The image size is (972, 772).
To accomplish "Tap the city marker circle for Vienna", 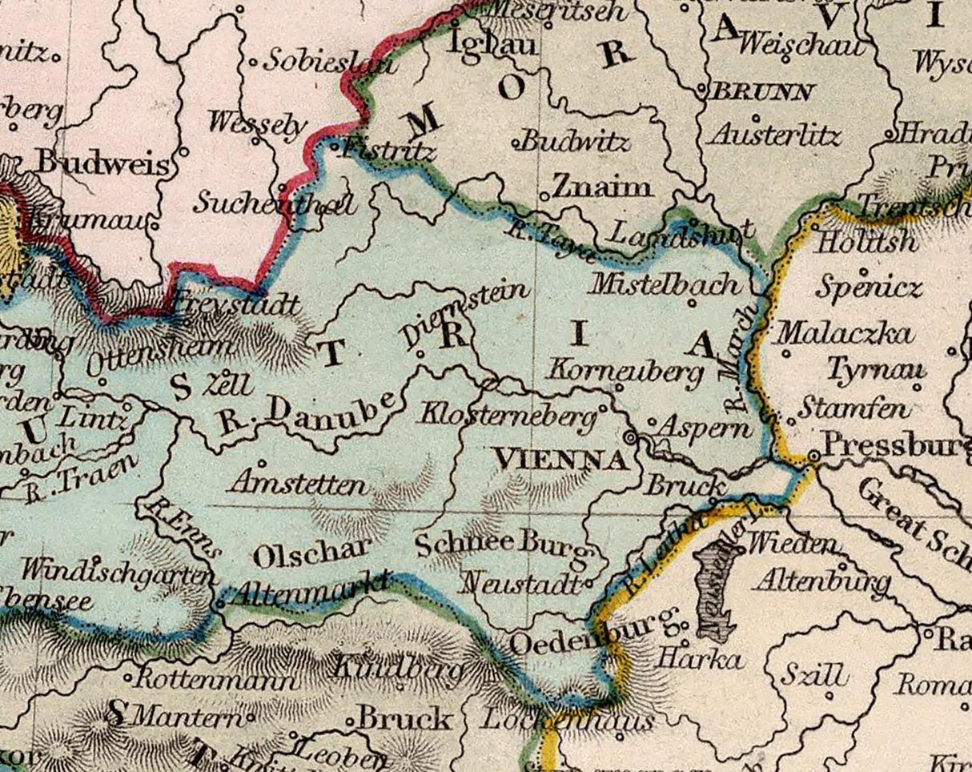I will point(631,437).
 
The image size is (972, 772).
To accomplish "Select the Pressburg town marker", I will point(813,455).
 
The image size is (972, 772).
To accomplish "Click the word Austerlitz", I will point(773,135).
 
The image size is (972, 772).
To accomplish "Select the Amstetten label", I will point(298,484).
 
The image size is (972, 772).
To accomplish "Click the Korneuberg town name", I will point(626,371).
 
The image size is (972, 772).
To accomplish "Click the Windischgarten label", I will point(118,572).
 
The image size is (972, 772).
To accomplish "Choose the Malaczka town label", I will point(845,332).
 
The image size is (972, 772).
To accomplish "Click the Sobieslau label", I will point(330,62).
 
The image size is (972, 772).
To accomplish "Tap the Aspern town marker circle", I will point(651,421).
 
